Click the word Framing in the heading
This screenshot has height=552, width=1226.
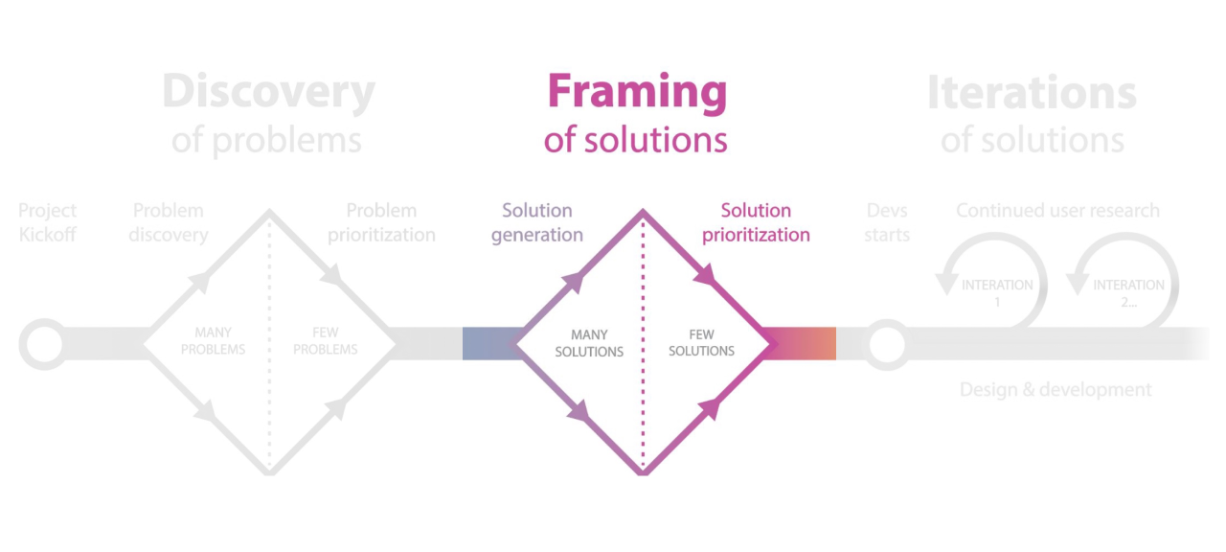637,93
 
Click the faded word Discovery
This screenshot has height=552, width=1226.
268,93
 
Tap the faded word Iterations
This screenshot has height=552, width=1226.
1032,93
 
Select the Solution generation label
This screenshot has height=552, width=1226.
537,222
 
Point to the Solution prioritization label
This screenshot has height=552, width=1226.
756,222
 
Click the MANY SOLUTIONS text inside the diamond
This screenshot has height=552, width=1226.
589,343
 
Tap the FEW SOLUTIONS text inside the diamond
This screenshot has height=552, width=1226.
701,343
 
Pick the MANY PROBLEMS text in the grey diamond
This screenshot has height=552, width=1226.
213,341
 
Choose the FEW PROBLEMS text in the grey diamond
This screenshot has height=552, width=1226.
326,341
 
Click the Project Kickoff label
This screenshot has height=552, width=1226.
47,222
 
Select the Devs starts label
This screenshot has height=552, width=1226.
887,222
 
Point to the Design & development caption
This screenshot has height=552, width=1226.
1056,389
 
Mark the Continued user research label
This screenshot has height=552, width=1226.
1057,211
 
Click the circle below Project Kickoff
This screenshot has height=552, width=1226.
43,343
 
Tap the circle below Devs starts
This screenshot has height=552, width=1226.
887,343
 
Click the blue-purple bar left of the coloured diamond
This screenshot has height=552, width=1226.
488,343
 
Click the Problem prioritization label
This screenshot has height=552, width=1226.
381,222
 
